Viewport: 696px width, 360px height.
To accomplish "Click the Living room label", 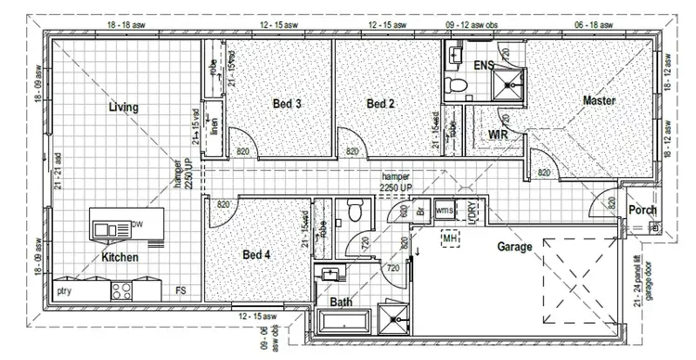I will (123, 108).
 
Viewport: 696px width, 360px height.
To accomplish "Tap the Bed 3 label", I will (287, 104).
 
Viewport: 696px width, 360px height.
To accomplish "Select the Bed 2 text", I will (380, 104).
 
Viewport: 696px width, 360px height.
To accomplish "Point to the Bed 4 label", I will (256, 254).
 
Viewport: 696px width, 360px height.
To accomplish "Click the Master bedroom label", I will (600, 100).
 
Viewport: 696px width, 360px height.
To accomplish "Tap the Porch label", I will (642, 211).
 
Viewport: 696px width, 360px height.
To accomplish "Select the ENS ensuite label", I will (483, 66).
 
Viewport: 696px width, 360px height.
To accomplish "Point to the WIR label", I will (496, 135).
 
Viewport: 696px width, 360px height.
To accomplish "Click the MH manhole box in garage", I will (451, 239).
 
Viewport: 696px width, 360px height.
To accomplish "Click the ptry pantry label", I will (66, 291).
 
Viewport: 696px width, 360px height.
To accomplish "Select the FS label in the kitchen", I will (183, 291).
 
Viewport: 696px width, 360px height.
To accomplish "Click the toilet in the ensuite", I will (456, 86).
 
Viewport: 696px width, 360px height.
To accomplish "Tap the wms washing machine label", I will (445, 211).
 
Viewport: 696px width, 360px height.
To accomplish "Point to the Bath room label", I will (341, 302).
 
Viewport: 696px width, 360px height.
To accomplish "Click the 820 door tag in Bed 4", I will (224, 205).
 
